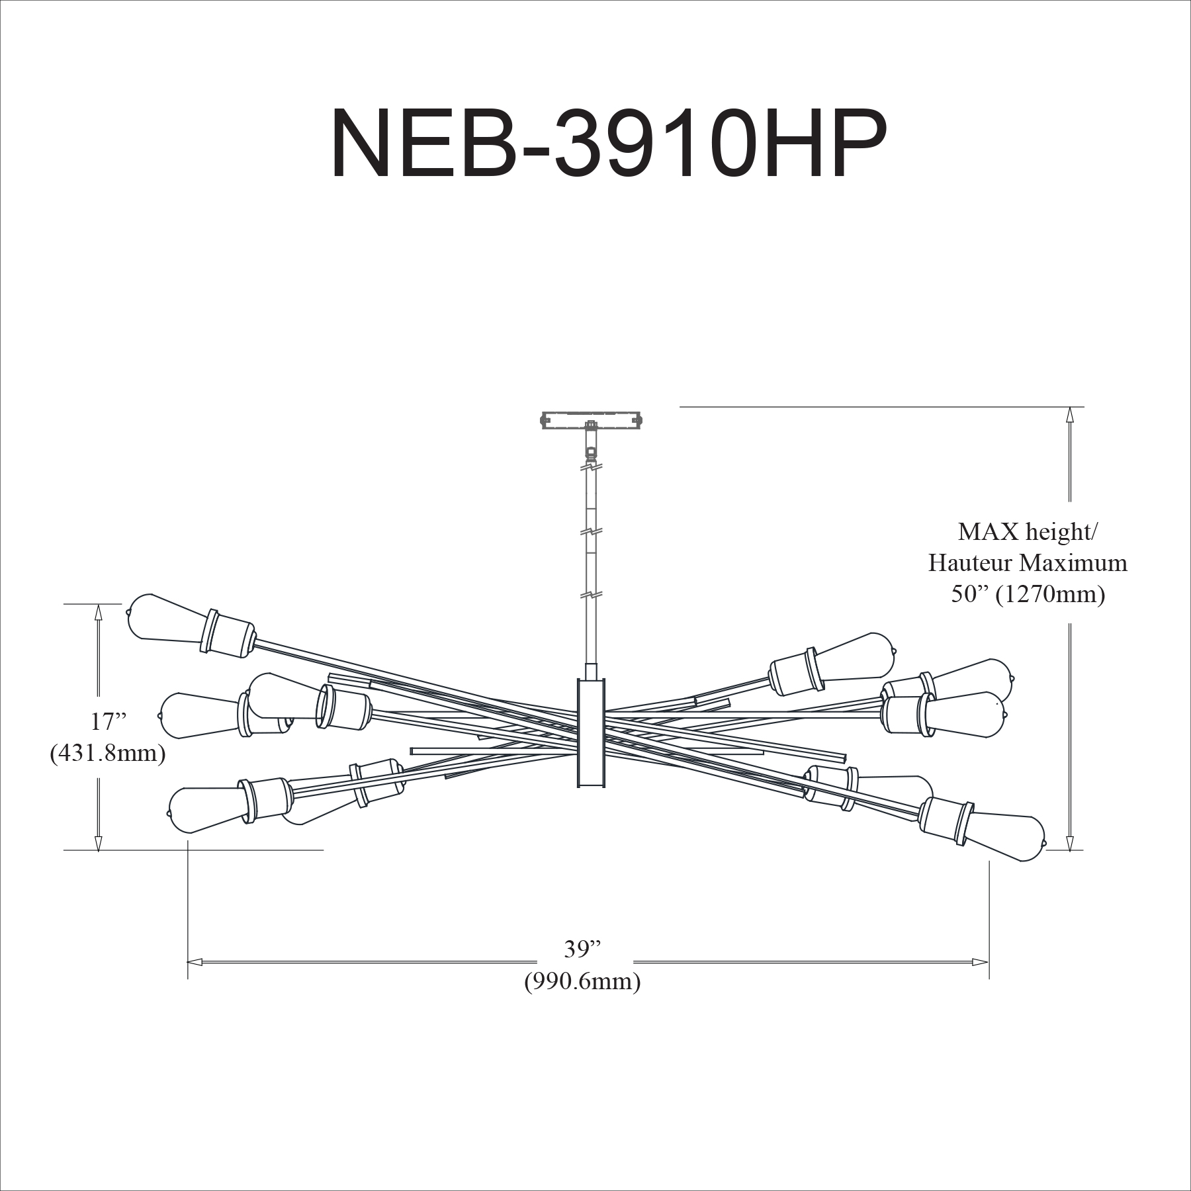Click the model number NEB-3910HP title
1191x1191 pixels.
click(x=608, y=144)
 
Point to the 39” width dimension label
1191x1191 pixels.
click(x=582, y=949)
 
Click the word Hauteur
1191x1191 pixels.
click(x=969, y=563)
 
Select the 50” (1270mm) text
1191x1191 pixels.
click(x=1028, y=595)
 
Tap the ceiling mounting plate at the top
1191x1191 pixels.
click(x=592, y=419)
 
